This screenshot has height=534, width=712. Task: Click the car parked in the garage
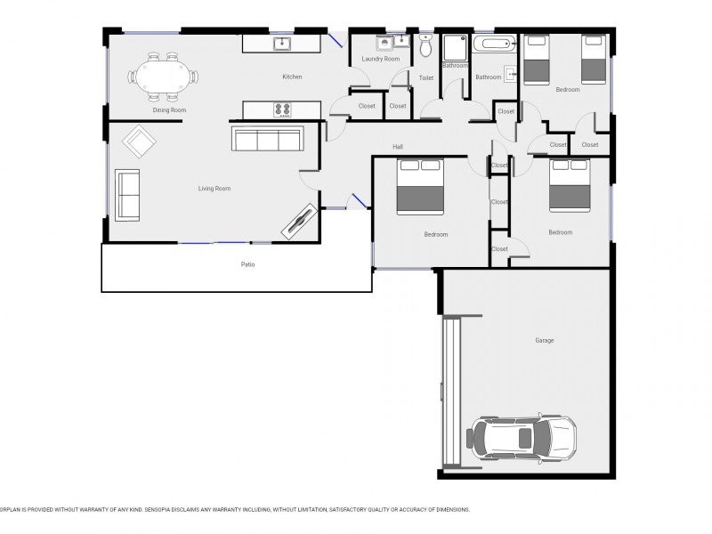coord(522,437)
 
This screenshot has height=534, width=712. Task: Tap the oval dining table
coord(162,77)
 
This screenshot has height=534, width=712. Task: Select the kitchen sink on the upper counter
coord(282,44)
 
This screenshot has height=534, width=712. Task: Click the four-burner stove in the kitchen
coord(282,109)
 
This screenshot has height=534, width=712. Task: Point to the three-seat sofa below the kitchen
coord(268,139)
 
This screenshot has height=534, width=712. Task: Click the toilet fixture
coord(425,45)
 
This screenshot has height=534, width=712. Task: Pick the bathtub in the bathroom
coord(495,44)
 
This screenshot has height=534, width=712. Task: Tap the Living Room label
coord(214,189)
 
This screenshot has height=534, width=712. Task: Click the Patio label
coord(248,264)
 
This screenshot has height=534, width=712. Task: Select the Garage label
coord(545,340)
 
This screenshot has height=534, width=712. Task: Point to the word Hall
coord(398,147)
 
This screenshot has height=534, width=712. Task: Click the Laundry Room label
coord(381,59)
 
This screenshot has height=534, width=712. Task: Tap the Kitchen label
coord(292,77)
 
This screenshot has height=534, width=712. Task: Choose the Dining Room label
coord(169,109)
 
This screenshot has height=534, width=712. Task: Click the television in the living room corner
coord(299,221)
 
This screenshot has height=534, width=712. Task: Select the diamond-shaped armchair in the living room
coord(139,142)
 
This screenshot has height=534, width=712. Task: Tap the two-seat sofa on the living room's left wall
coord(127,195)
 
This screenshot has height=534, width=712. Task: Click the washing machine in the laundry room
coord(384,43)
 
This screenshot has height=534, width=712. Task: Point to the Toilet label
coord(426,78)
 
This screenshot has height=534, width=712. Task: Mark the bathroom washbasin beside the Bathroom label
coord(511,74)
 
